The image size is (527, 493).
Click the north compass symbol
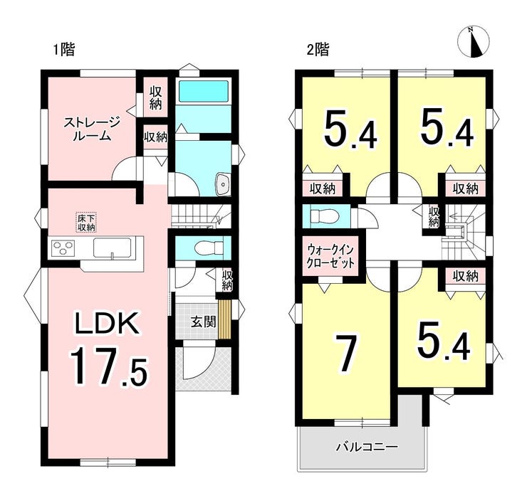(x=473, y=42)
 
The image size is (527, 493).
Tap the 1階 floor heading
(x=63, y=50)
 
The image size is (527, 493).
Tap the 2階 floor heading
(x=318, y=50)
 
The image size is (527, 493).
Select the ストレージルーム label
(x=92, y=129)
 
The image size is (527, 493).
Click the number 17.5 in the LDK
(x=108, y=366)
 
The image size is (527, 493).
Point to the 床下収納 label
(x=87, y=223)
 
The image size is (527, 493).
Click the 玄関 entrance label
(x=204, y=322)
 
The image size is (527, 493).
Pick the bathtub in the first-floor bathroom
(x=204, y=90)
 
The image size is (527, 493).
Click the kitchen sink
(x=112, y=248)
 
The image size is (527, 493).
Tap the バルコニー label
(x=367, y=447)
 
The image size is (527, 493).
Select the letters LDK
(x=108, y=323)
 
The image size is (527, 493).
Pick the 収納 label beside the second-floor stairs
(x=434, y=216)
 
